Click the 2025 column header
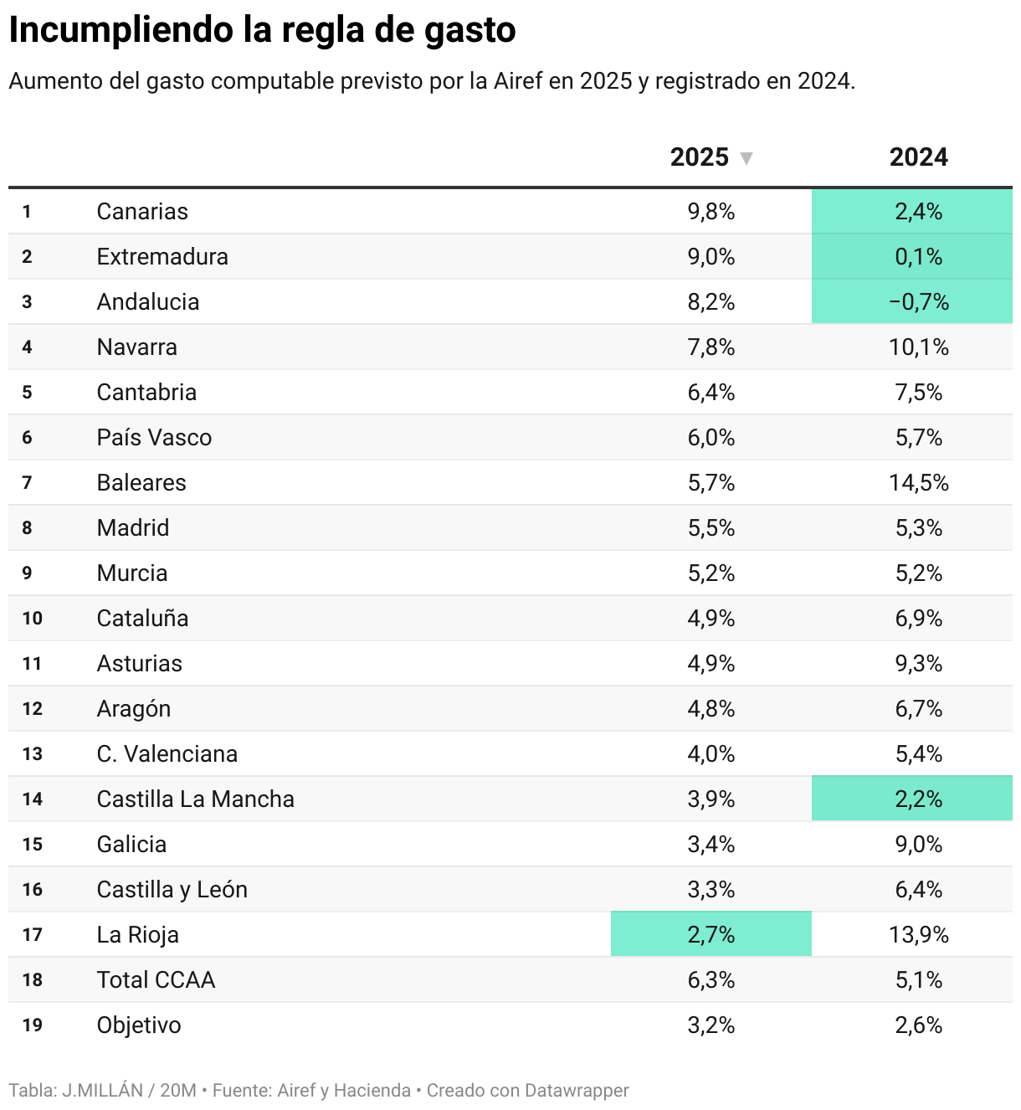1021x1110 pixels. tap(700, 157)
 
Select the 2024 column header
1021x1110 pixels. tap(918, 157)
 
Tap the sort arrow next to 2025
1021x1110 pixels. tap(747, 158)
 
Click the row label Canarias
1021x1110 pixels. tap(142, 212)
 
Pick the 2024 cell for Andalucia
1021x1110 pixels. tap(918, 302)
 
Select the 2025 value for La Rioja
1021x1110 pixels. tap(711, 935)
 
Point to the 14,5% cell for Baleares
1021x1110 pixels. tap(918, 483)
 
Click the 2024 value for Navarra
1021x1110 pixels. tap(918, 347)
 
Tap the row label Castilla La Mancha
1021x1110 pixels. tap(195, 799)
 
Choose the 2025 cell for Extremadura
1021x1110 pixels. tap(711, 257)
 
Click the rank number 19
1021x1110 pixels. tap(33, 1025)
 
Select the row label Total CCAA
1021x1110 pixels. tap(156, 980)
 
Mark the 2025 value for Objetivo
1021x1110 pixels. tap(711, 1025)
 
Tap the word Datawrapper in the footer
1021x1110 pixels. tap(577, 1091)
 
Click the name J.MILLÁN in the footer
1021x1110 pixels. tap(103, 1091)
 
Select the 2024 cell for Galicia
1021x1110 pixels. tap(918, 845)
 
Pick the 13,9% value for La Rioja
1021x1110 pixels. tap(918, 935)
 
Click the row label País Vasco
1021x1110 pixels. tap(154, 438)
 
